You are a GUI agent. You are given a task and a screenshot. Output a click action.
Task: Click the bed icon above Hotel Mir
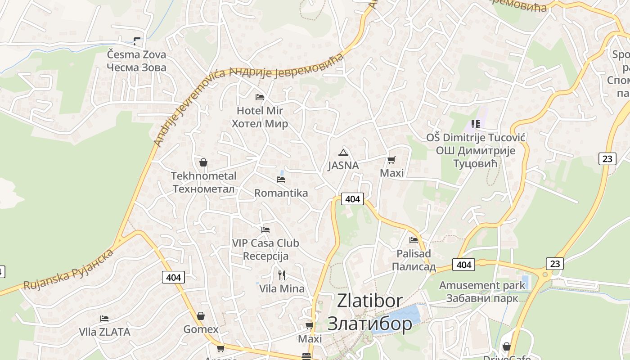(x=260, y=97)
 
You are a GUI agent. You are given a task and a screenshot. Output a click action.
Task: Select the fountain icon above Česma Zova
(x=137, y=41)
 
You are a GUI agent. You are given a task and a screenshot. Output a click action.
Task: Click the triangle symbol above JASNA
(x=343, y=153)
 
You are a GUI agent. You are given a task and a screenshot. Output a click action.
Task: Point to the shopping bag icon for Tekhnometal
(x=203, y=162)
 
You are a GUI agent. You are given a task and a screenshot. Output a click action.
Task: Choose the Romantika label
(x=281, y=193)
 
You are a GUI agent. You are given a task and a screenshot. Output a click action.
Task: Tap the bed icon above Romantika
(x=281, y=180)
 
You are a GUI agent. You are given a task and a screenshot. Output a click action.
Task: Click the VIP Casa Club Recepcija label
(x=265, y=250)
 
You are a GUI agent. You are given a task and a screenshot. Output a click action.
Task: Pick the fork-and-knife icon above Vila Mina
(x=282, y=275)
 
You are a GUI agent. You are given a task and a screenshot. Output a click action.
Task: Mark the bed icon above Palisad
(x=414, y=240)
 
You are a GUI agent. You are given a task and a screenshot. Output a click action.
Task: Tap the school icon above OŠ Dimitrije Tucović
(x=476, y=124)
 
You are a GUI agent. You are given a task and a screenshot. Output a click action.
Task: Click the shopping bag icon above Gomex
(x=201, y=316)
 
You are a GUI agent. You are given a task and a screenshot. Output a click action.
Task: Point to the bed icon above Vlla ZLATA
(x=104, y=319)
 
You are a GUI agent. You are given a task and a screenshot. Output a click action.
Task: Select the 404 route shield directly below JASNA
(x=352, y=198)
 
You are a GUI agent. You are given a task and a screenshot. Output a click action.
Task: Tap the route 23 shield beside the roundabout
(x=555, y=263)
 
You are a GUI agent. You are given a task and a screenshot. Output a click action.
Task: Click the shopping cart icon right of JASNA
(x=391, y=160)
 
